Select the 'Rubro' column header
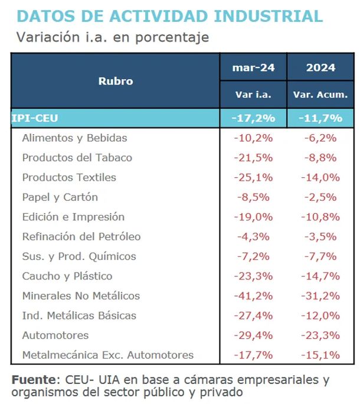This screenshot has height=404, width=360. (116, 81)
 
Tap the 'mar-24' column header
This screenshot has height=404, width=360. (253, 67)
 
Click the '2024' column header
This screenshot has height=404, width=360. (320, 67)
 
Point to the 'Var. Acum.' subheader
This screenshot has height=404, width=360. (320, 95)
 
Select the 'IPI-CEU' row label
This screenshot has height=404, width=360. (35, 118)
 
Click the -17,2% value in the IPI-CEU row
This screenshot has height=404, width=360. (254, 118)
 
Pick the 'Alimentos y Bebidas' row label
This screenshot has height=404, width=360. (74, 138)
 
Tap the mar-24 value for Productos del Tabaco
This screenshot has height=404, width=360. (254, 158)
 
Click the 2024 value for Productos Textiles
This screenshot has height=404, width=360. (320, 177)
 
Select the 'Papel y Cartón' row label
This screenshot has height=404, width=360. (60, 197)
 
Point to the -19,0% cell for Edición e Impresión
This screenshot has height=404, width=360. (254, 217)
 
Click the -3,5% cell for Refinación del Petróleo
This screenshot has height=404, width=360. (320, 237)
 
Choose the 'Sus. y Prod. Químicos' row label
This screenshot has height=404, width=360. (78, 256)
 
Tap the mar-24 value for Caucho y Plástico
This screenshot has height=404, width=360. (254, 276)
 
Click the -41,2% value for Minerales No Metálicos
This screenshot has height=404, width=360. (254, 296)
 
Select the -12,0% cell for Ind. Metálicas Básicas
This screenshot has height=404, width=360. (320, 315)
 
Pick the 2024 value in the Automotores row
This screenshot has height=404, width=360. (320, 335)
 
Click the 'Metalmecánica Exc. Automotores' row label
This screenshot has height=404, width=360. (107, 355)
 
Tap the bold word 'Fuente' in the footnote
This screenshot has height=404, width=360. (33, 379)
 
